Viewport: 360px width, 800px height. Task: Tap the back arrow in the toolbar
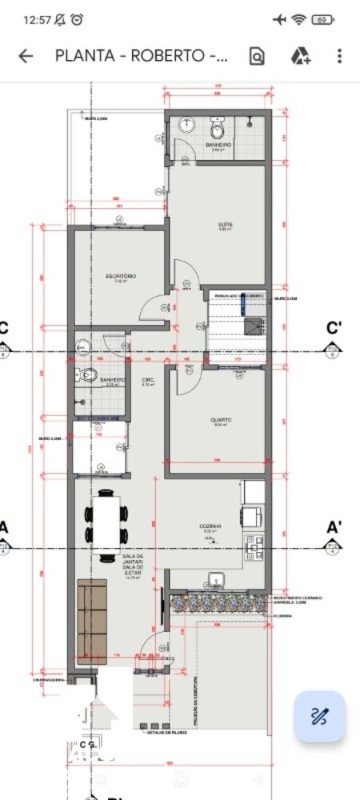[x=26, y=56]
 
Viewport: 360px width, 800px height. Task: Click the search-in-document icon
[x=257, y=56]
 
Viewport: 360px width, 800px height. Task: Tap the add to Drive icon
[x=300, y=56]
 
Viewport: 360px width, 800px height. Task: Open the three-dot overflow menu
[x=339, y=56]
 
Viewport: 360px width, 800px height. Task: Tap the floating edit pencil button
[x=319, y=716]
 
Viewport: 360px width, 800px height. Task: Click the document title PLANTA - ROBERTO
[x=141, y=56]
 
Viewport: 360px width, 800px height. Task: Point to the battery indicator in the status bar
[x=322, y=19]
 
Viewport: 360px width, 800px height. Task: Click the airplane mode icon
[x=278, y=19]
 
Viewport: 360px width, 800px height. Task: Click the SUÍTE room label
[x=226, y=225]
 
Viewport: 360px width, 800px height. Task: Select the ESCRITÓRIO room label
[x=121, y=276]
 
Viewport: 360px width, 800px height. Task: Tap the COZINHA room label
[x=210, y=526]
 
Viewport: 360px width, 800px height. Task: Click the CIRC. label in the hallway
[x=148, y=380]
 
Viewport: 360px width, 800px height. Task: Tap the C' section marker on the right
[x=334, y=327]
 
